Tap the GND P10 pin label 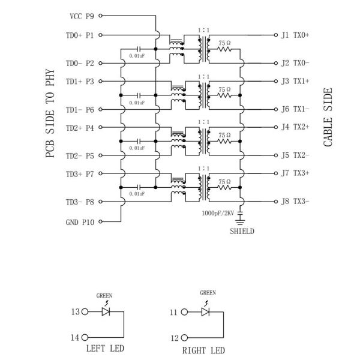point(80,221)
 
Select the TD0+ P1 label point(80,35)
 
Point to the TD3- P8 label point(80,202)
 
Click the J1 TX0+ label point(295,35)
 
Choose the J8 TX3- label point(295,202)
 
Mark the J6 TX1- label point(295,109)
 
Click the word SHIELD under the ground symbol point(242,231)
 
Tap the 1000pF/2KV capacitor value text point(220,212)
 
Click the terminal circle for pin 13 point(85,312)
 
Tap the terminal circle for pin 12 point(186,338)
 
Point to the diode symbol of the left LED point(106,312)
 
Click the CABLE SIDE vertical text point(328,118)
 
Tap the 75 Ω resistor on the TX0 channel point(224,50)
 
